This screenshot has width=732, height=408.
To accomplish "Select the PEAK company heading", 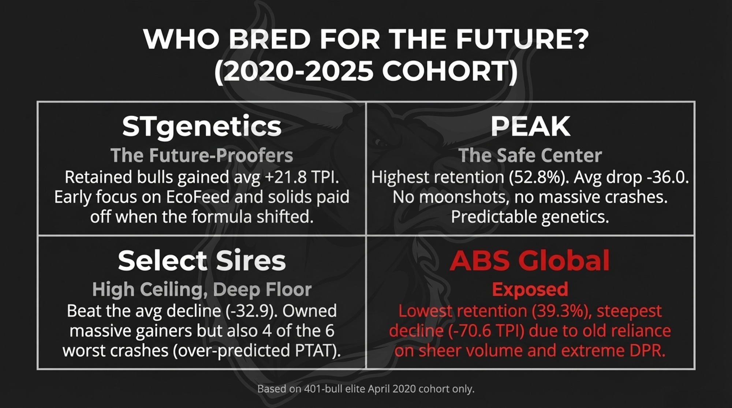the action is (x=530, y=126).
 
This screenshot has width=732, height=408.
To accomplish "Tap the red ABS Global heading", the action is (x=530, y=260).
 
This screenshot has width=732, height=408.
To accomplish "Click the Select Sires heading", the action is (x=202, y=260).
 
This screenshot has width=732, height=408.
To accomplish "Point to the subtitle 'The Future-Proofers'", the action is (x=202, y=155).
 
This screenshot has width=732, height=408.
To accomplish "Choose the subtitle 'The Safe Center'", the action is (x=530, y=155).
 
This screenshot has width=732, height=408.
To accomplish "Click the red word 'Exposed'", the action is (x=530, y=290).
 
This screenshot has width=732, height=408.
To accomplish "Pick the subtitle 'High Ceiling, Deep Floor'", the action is (x=202, y=290).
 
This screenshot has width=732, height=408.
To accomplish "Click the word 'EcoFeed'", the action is (x=198, y=197).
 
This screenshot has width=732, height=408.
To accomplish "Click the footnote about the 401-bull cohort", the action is (x=366, y=389).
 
